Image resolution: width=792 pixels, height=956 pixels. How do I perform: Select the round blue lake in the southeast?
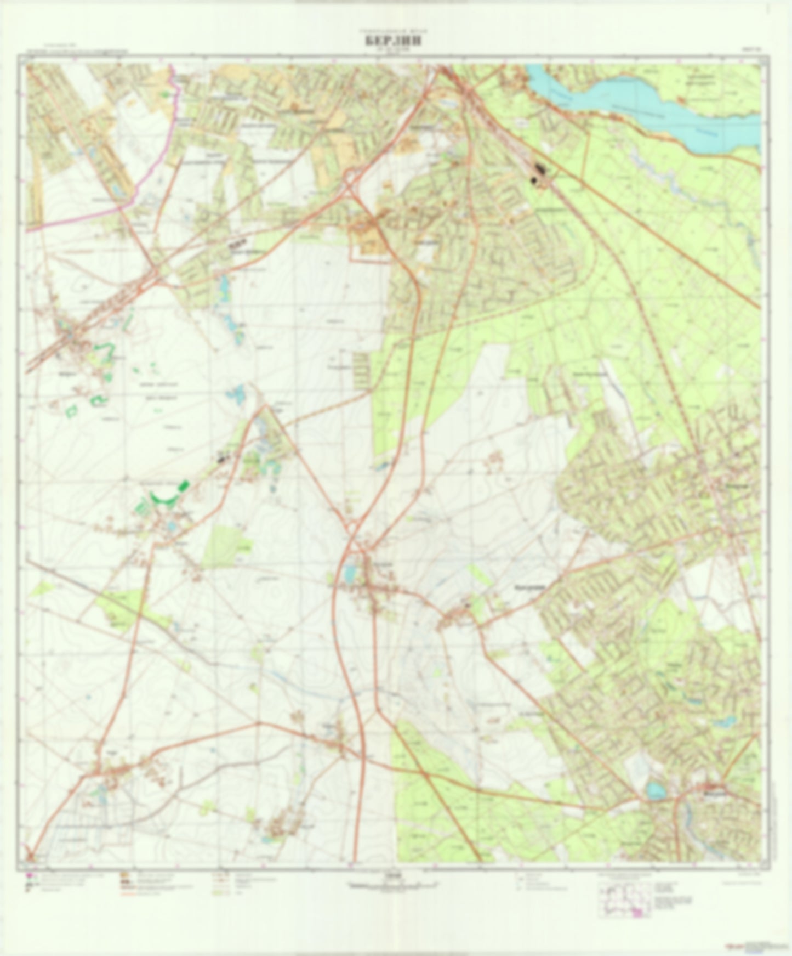click(x=654, y=790)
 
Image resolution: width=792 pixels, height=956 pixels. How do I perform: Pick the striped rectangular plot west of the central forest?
click(x=361, y=367)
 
